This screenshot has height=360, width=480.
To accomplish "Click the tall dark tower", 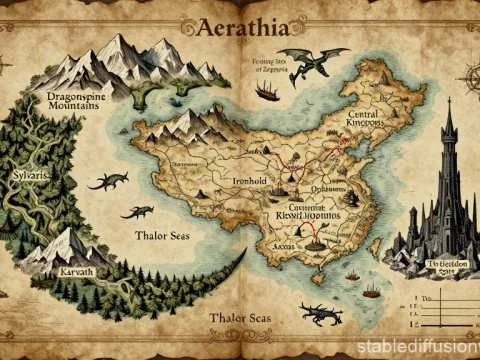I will coord(446,190).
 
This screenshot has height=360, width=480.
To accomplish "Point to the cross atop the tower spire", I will coord(448,102).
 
